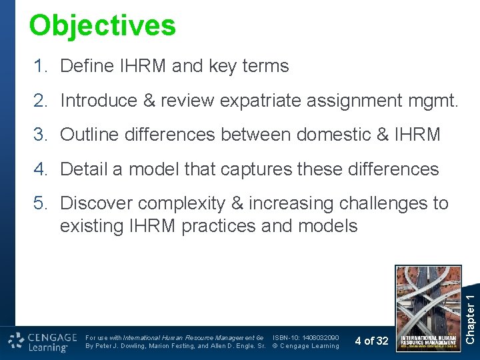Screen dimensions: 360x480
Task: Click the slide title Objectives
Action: (x=103, y=25)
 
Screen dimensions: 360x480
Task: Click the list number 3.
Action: (x=41, y=135)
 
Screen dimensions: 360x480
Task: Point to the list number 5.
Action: (x=41, y=203)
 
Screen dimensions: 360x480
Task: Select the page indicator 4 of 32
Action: (x=371, y=341)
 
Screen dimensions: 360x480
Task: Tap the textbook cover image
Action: (x=428, y=308)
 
